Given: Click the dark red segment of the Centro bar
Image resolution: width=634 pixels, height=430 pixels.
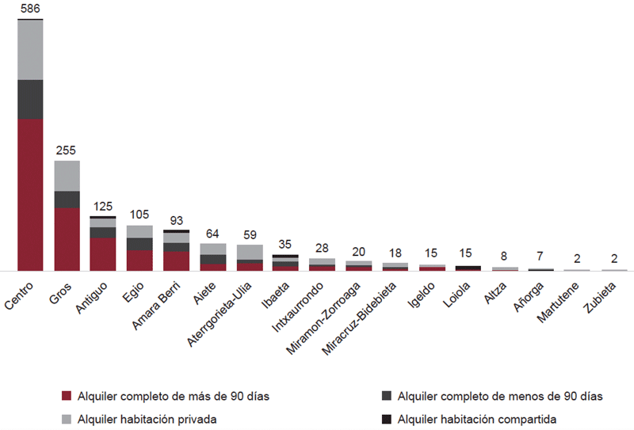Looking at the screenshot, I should pyautogui.click(x=30, y=194).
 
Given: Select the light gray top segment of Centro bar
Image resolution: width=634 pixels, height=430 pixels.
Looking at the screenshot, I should pyautogui.click(x=30, y=49).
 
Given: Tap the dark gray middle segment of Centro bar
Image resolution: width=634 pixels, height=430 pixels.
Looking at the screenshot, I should pyautogui.click(x=30, y=99).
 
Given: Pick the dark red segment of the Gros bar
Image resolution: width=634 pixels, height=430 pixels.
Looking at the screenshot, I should pyautogui.click(x=67, y=239).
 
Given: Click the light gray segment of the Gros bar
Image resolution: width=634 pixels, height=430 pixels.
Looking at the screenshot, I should pyautogui.click(x=67, y=176).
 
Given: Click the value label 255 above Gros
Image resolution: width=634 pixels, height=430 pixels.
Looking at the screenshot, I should pyautogui.click(x=67, y=151).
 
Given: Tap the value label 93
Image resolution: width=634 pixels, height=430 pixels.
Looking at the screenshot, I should pyautogui.click(x=176, y=221).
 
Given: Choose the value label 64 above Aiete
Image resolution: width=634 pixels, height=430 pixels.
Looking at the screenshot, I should pyautogui.click(x=212, y=234).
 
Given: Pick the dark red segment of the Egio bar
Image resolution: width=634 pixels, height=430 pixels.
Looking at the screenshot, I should pyautogui.click(x=139, y=261).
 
